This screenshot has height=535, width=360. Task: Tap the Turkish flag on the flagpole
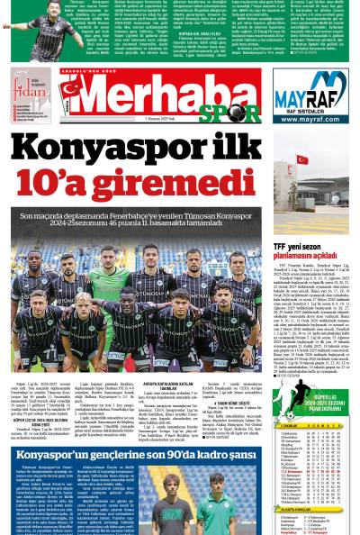[x=302, y=160]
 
